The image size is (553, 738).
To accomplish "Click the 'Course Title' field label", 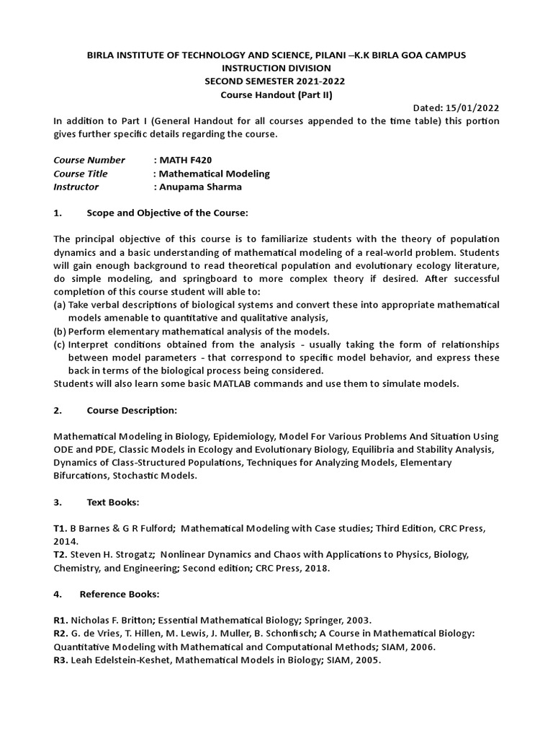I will click(81, 174).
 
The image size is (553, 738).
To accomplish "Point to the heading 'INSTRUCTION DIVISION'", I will click(276, 68).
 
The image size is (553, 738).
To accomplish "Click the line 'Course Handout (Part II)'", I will click(276, 95).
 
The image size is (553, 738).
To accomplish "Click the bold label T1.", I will click(61, 528).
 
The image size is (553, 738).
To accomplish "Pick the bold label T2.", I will click(61, 555).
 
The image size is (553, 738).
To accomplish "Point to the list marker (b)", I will click(60, 332).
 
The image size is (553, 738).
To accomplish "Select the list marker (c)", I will click(60, 344).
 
